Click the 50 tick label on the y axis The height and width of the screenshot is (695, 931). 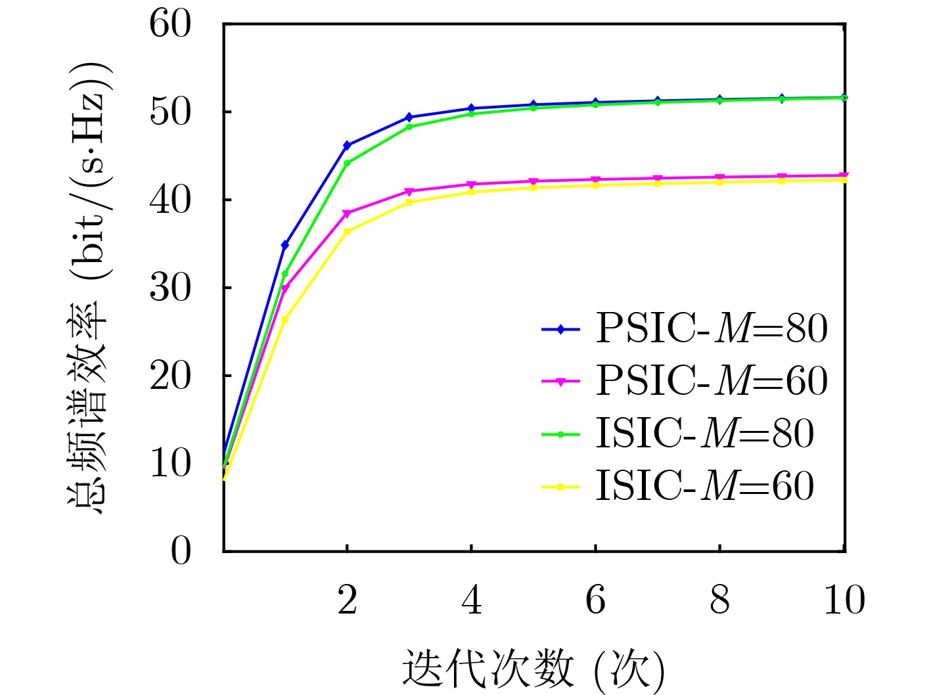170,112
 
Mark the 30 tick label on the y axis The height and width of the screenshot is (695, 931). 170,288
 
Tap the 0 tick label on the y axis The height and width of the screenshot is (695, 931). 181,551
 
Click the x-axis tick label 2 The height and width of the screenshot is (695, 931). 347,600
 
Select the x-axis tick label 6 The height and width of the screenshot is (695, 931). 595,600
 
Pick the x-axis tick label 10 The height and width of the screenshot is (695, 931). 844,600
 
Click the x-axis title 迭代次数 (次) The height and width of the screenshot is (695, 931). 533,670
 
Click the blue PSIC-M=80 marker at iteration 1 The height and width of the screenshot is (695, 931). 285,245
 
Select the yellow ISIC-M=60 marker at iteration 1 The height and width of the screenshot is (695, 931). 285,320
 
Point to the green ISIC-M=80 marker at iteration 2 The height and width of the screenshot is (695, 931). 347,163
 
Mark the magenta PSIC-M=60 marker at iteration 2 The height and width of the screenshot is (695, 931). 347,213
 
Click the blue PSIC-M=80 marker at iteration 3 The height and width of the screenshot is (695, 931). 409,117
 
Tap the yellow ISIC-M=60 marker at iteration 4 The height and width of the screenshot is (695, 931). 471,192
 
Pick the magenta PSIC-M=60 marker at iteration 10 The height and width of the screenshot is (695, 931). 844,175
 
